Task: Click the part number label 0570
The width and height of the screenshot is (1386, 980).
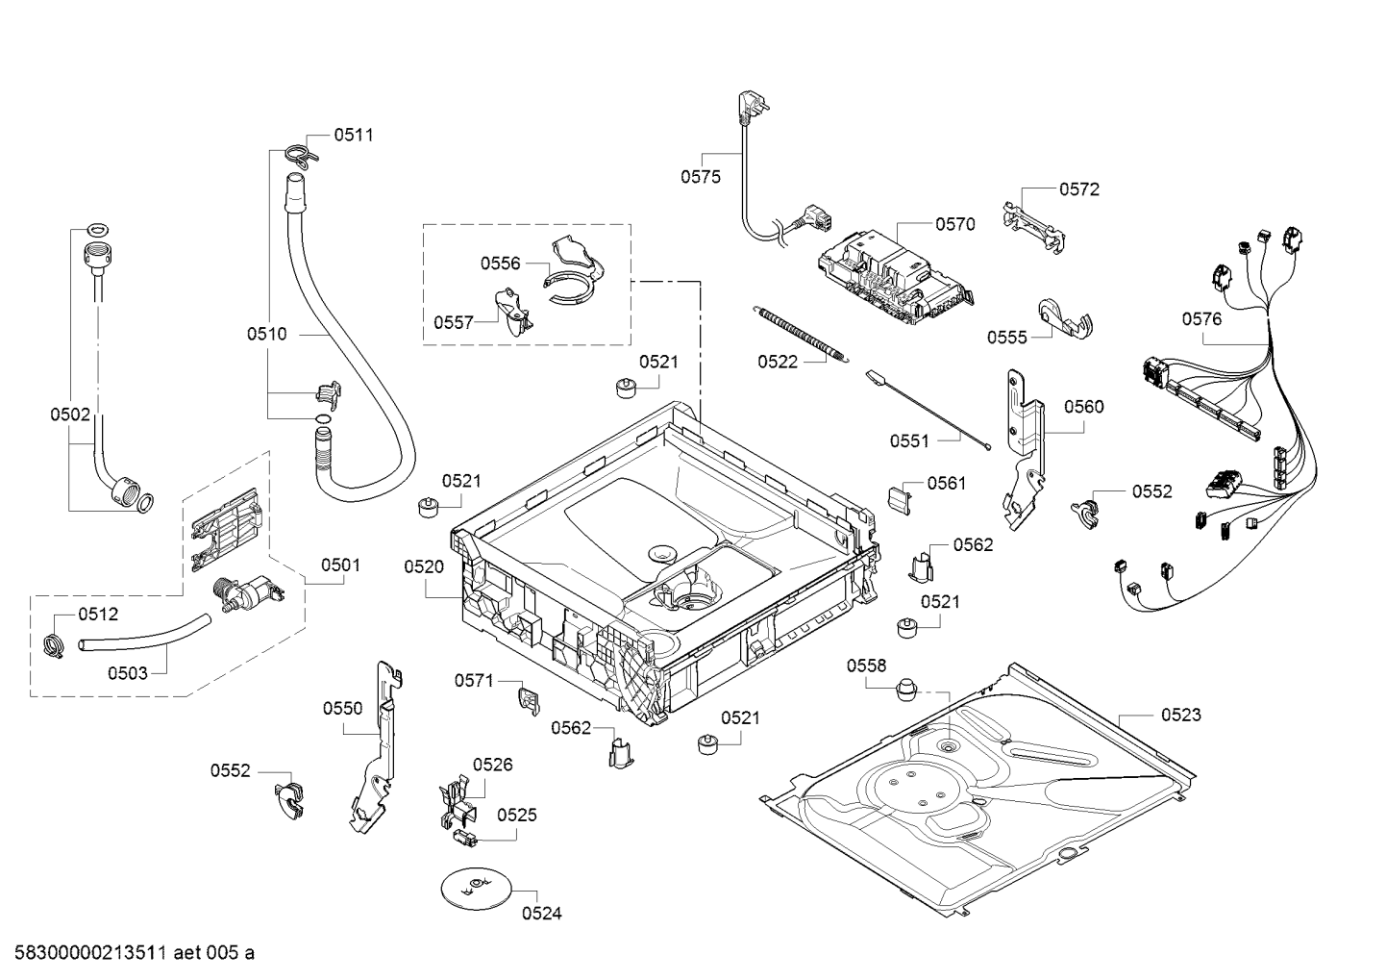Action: point(954,224)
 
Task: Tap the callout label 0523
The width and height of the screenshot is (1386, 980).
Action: point(1180,715)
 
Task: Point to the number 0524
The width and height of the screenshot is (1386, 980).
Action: point(541,914)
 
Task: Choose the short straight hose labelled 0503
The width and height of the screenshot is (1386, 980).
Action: point(144,634)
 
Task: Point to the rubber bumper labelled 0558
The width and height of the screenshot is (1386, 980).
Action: point(903,691)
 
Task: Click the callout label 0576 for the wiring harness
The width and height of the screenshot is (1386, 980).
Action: point(1201,318)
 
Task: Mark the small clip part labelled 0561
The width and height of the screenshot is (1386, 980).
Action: point(900,496)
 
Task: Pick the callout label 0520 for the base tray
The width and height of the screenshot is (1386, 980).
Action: point(423,566)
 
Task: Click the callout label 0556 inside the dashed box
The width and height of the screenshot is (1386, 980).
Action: point(500,263)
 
